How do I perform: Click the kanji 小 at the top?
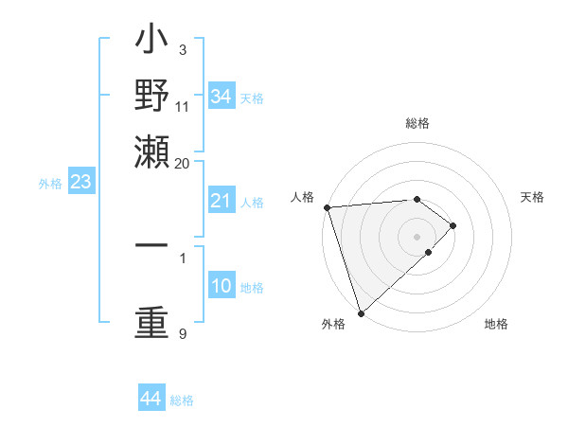151,44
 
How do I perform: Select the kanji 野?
151,98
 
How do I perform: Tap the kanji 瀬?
151,151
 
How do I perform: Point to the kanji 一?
151,244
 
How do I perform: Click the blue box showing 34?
221,97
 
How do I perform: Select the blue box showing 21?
221,201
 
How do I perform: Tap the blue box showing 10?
221,286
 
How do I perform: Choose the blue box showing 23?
80,182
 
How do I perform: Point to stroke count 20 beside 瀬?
182,163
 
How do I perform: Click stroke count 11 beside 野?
182,106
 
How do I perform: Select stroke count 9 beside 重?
182,333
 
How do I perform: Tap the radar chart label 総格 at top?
417,123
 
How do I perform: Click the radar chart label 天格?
532,197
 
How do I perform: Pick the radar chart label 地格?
496,324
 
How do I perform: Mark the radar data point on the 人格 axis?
327,207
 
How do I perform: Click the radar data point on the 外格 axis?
361,312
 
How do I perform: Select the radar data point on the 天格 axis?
453,225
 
